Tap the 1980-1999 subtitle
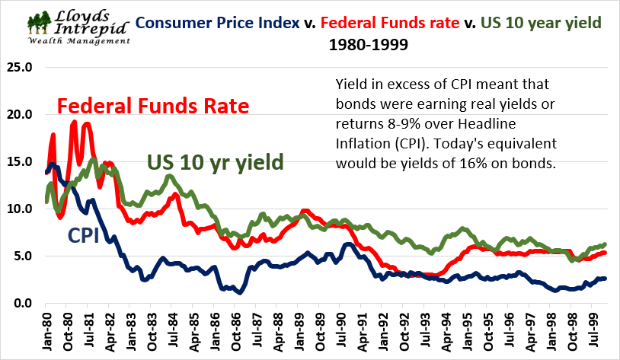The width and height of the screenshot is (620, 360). [368, 44]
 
